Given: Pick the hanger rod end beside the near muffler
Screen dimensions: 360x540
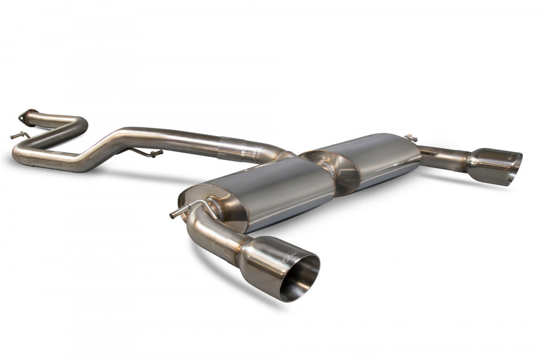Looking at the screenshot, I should [174, 215].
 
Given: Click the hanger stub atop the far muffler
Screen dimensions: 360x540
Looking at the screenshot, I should [409, 137].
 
